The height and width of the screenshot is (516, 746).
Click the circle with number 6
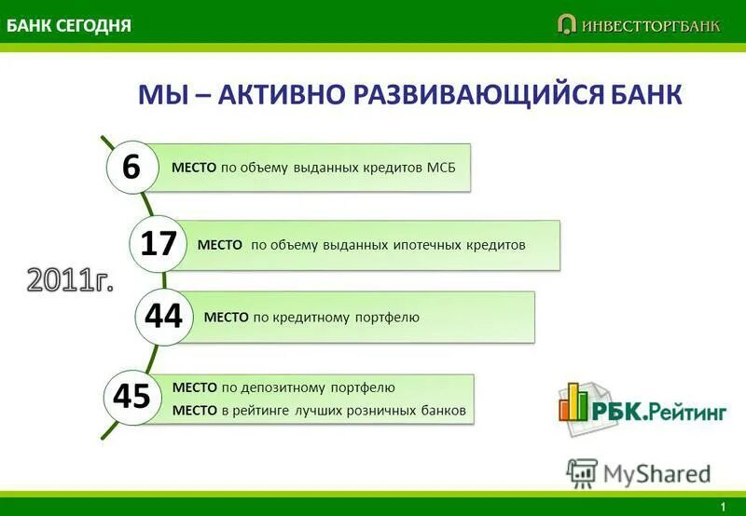click(x=131, y=168)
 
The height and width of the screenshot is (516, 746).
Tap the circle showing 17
click(x=159, y=244)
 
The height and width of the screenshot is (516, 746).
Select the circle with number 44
click(x=163, y=317)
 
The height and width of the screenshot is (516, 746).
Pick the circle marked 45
click(x=131, y=396)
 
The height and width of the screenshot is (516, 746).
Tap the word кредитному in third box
click(x=311, y=318)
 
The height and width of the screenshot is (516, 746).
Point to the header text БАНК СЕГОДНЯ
click(x=69, y=25)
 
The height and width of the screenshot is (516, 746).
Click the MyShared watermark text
click(x=656, y=473)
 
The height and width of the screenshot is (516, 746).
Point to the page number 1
click(x=723, y=506)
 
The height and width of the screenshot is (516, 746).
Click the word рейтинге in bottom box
click(x=265, y=410)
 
